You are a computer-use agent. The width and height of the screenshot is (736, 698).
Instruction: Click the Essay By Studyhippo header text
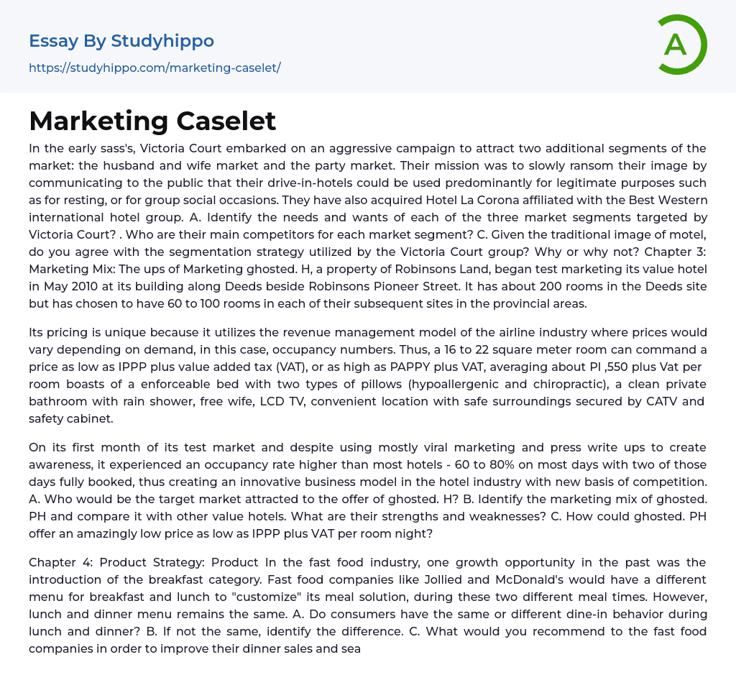pyautogui.click(x=121, y=41)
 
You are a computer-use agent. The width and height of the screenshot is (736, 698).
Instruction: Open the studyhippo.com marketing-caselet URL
pyautogui.click(x=155, y=68)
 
